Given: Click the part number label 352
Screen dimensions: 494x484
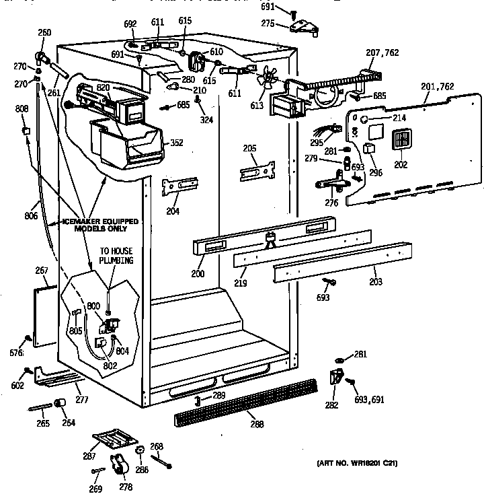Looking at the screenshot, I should pos(176,142).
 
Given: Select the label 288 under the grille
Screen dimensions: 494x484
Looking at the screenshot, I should pos(256,424).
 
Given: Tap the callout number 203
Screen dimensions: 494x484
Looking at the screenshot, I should pos(375,283).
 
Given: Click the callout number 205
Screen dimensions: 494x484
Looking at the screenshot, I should pos(250,149).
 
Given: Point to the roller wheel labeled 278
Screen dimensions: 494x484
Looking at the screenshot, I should pos(119,466).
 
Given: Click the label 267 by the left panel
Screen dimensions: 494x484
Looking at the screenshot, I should pos(42,271).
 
